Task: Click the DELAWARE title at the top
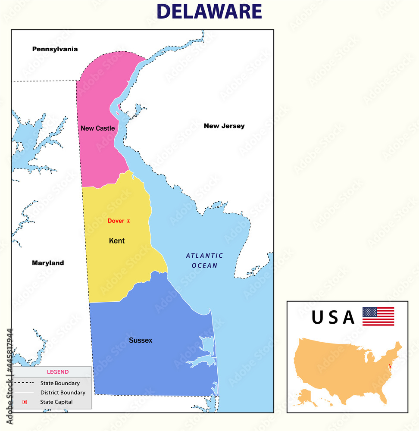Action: pos(209,12)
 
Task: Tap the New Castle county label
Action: pos(97,128)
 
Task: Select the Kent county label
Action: pos(117,241)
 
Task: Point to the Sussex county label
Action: pos(141,340)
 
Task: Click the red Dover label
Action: pos(116,221)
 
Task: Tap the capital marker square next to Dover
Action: pos(128,221)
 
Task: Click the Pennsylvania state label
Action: pos(55,49)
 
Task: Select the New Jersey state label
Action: pos(224,126)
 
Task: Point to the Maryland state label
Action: pos(48,263)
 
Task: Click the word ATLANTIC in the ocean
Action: pos(204,256)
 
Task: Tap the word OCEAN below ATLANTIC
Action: pos(205,265)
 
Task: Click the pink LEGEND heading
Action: pos(58,372)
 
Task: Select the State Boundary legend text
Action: pos(60,383)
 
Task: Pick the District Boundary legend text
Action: pos(63,393)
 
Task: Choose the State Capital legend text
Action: pos(56,402)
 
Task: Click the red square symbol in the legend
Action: pos(25,402)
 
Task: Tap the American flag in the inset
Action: pos(378,316)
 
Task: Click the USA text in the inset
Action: pos(333,318)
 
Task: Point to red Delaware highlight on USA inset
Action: pos(391,367)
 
